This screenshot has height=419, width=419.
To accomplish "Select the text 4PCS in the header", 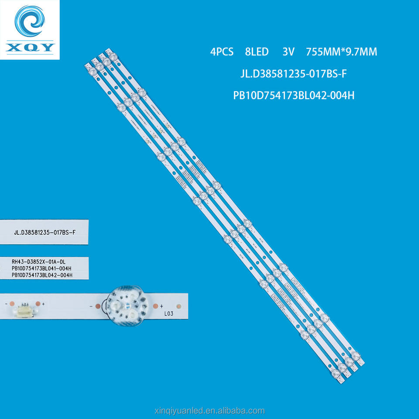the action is coord(222,52).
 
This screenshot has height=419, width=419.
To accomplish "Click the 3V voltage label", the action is coord(288,52).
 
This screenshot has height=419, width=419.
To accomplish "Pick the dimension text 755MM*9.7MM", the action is coord(342,52).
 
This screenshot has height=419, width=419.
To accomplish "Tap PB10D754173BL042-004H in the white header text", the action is coord(293,96).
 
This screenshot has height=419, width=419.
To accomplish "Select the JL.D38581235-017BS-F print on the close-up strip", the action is coord(45,232).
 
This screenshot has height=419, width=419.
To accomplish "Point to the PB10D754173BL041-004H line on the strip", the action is coord(42,268).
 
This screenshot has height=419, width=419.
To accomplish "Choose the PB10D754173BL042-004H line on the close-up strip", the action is coord(42,275).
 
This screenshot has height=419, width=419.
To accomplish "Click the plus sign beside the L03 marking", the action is coord(161,306).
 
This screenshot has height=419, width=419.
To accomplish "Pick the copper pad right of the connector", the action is coord(38,303).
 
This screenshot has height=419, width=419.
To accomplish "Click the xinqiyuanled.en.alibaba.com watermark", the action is coord(209,410).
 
